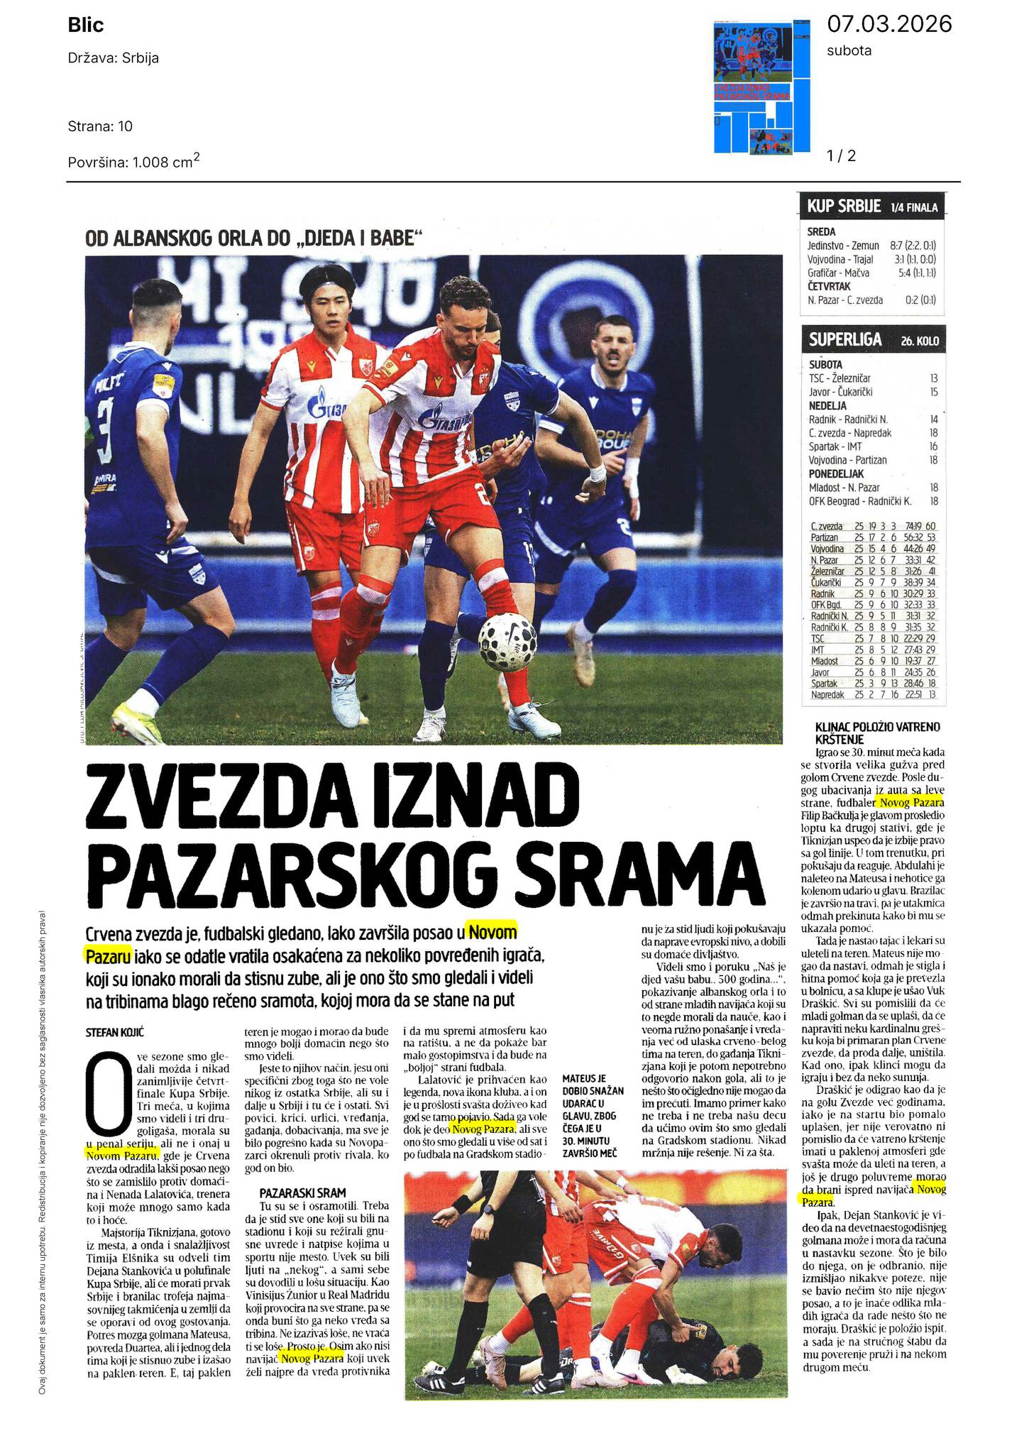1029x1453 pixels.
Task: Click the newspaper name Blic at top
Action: [x=86, y=26]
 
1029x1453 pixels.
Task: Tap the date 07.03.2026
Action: [x=889, y=24]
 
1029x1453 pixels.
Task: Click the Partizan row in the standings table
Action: [x=873, y=537]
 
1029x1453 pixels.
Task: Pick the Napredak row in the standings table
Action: [x=873, y=694]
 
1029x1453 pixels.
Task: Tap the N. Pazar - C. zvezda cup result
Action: [x=871, y=300]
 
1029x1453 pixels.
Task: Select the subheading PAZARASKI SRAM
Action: [x=292, y=1193]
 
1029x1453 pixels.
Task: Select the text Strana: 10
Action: [x=100, y=126]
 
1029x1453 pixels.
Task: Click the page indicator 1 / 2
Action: [x=842, y=155]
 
